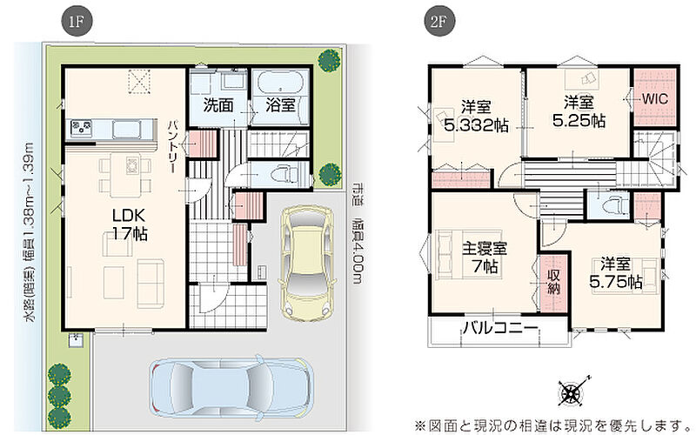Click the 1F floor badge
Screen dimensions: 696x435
[77, 21]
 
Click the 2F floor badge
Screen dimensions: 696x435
[438, 21]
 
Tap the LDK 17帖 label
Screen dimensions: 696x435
[129, 224]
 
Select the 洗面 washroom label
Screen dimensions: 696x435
[218, 105]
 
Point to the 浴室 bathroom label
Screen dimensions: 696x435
[280, 105]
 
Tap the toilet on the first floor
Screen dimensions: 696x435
[285, 173]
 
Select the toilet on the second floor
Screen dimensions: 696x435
[616, 204]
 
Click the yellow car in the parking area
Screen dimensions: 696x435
[306, 263]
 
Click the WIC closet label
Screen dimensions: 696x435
[655, 98]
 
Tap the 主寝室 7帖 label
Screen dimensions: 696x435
[485, 258]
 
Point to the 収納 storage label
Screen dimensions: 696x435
[553, 282]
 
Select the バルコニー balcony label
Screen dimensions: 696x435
[500, 329]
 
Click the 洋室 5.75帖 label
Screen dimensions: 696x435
[616, 273]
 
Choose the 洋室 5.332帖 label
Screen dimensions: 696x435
[476, 117]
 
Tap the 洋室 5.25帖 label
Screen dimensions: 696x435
[579, 112]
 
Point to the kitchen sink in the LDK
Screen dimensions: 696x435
[126, 130]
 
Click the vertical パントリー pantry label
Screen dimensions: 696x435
[172, 146]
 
